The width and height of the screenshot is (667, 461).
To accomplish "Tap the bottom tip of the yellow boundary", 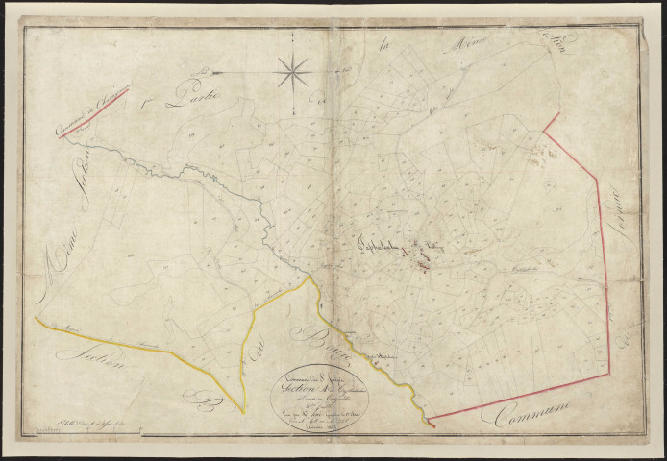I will tap(243, 411).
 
